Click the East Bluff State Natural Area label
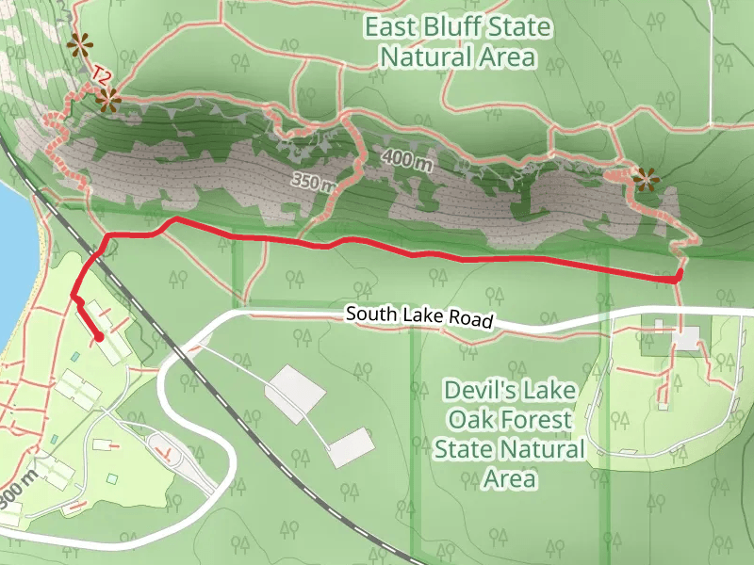[x=457, y=41]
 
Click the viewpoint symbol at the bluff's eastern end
[x=646, y=178]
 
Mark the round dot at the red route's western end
[x=99, y=337]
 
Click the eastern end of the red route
[x=678, y=276]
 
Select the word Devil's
[x=477, y=389]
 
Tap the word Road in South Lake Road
[x=471, y=320]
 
